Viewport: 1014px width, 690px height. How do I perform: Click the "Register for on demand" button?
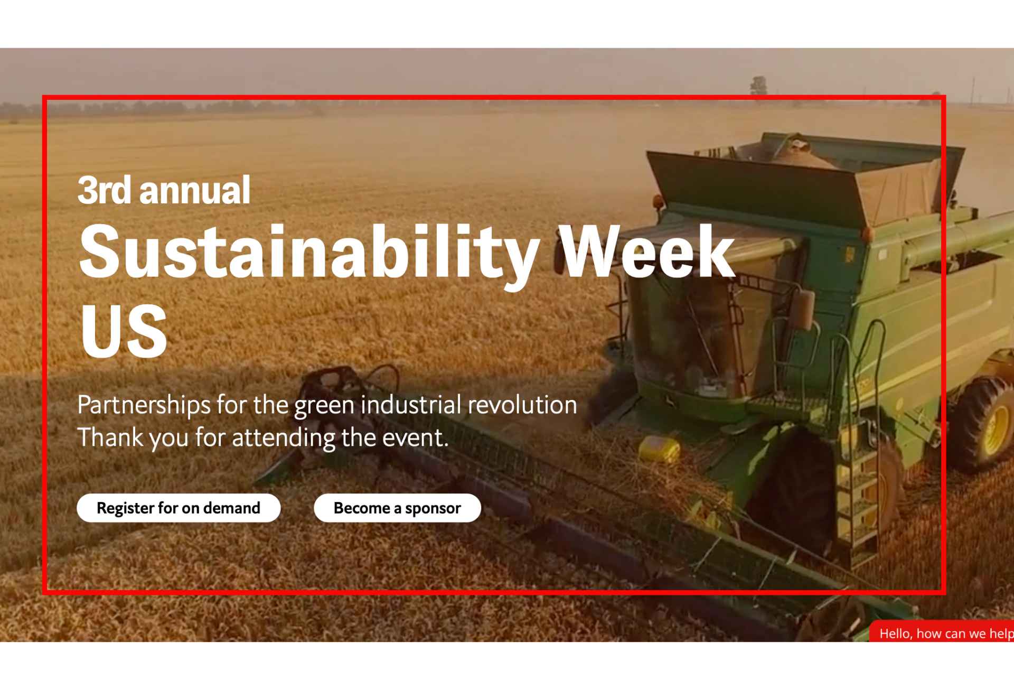pyautogui.click(x=179, y=508)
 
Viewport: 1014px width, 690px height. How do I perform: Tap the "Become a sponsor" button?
pyautogui.click(x=397, y=508)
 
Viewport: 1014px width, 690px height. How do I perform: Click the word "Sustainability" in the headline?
pyautogui.click(x=309, y=253)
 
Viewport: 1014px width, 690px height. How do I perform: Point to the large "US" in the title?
pyautogui.click(x=124, y=331)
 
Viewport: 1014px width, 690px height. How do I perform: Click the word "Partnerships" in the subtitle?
pyautogui.click(x=144, y=406)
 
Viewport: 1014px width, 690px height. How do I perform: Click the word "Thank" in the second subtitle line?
pyautogui.click(x=110, y=437)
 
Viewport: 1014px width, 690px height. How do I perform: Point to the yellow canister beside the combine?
pyautogui.click(x=660, y=449)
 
